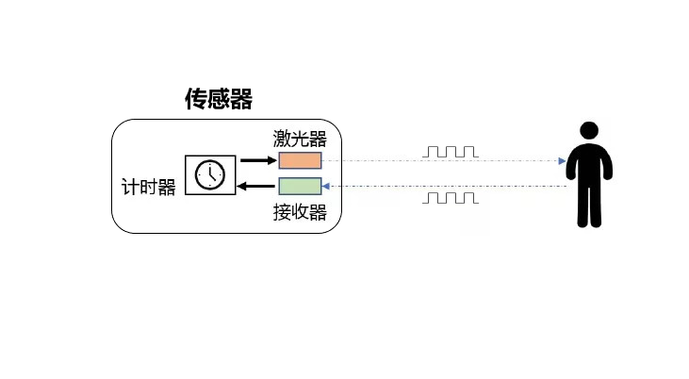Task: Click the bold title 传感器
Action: [x=219, y=99]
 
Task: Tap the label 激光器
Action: [x=300, y=139]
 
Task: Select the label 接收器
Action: [x=300, y=212]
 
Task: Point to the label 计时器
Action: [x=149, y=187]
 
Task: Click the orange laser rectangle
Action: [x=300, y=160]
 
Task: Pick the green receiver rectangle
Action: [x=300, y=186]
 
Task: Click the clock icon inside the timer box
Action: [x=210, y=175]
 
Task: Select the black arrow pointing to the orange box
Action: [x=259, y=160]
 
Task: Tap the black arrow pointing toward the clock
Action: [x=255, y=187]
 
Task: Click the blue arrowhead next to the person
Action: [x=562, y=161]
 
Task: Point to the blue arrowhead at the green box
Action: [x=325, y=187]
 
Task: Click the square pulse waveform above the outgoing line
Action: [x=451, y=152]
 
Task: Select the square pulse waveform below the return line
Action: [x=451, y=198]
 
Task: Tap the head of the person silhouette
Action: [x=589, y=131]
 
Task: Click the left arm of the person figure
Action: [x=570, y=165]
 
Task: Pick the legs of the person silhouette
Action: [x=589, y=205]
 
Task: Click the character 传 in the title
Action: [x=196, y=99]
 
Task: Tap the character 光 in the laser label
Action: [x=300, y=139]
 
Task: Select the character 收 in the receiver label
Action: [x=300, y=212]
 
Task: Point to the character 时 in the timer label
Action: [x=149, y=187]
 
